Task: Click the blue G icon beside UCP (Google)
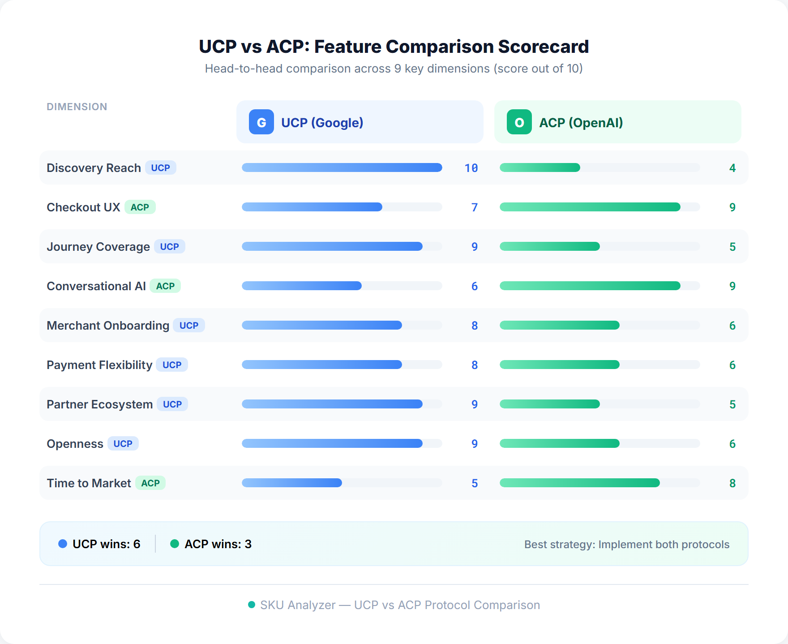pyautogui.click(x=261, y=122)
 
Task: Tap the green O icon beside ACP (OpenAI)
pyautogui.click(x=519, y=122)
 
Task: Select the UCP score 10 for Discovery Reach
pyautogui.click(x=471, y=168)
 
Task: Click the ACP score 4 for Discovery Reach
pyautogui.click(x=732, y=168)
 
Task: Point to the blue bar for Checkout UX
pyautogui.click(x=312, y=207)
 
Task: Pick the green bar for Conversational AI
pyautogui.click(x=590, y=286)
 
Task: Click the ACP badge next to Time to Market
pyautogui.click(x=150, y=483)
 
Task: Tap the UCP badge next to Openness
pyautogui.click(x=123, y=444)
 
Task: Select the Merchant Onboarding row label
pyautogui.click(x=108, y=326)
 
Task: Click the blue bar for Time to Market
pyautogui.click(x=292, y=483)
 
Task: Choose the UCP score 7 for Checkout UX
pyautogui.click(x=475, y=207)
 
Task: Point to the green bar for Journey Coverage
pyautogui.click(x=549, y=246)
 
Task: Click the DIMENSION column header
pyautogui.click(x=77, y=107)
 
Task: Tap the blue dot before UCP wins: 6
pyautogui.click(x=63, y=544)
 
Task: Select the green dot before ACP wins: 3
pyautogui.click(x=175, y=544)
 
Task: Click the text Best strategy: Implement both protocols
pyautogui.click(x=627, y=544)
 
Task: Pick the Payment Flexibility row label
pyautogui.click(x=99, y=365)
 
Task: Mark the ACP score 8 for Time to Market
pyautogui.click(x=732, y=483)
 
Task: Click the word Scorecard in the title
pyautogui.click(x=543, y=47)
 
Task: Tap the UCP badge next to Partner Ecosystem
pyautogui.click(x=172, y=404)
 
